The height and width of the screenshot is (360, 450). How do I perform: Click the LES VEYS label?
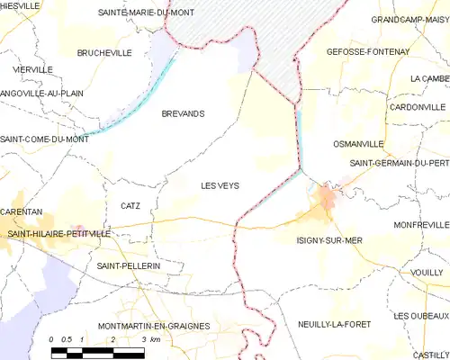pyautogui.click(x=219, y=185)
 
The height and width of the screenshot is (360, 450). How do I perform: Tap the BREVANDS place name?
pyautogui.click(x=182, y=113)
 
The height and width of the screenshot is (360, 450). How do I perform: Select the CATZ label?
pyautogui.click(x=130, y=206)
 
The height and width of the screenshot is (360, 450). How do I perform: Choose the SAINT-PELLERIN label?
pyautogui.click(x=128, y=267)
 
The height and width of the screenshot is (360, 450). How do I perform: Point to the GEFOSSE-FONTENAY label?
pyautogui.click(x=367, y=52)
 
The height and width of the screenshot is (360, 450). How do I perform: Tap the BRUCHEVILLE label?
pyautogui.click(x=104, y=53)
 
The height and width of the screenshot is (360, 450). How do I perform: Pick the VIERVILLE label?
pyautogui.click(x=31, y=69)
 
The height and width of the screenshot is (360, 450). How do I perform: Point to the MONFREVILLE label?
pyautogui.click(x=420, y=224)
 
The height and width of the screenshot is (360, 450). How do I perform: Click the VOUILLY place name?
pyautogui.click(x=427, y=271)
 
